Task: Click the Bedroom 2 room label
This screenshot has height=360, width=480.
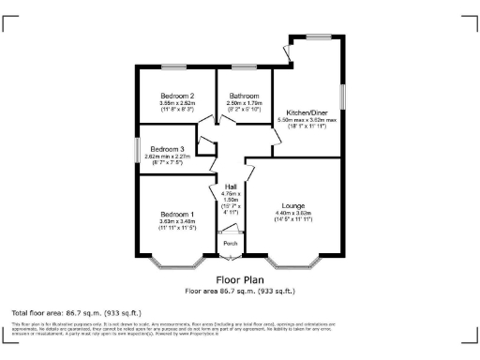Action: click(177, 96)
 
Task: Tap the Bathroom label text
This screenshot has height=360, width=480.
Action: click(244, 96)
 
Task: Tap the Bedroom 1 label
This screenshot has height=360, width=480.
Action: click(177, 214)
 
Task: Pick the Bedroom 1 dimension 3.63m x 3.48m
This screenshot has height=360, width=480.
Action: click(177, 221)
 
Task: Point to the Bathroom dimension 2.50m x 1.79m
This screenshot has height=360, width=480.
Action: click(244, 103)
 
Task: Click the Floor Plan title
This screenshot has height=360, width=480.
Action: click(240, 279)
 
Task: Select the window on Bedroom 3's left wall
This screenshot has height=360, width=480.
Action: click(136, 151)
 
